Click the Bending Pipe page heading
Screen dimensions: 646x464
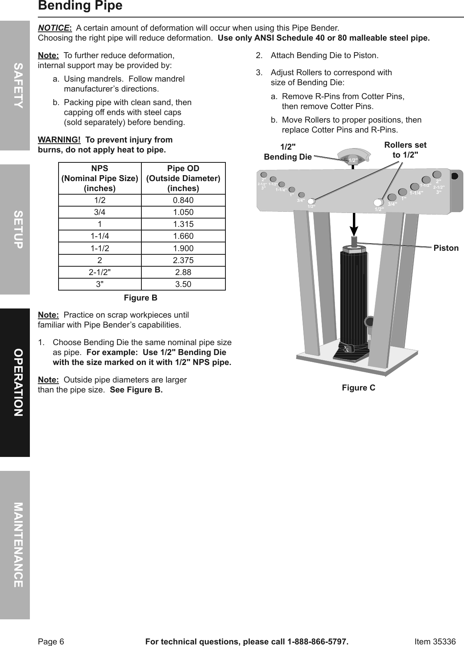80,6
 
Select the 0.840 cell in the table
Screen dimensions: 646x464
183,200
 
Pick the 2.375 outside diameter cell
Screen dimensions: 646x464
183,260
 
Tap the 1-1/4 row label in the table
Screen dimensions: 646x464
100,236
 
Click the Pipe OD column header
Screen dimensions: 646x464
183,178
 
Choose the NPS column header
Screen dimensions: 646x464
100,178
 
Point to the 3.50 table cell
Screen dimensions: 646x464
183,284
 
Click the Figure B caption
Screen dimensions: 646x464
141,298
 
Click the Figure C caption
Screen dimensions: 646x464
358,388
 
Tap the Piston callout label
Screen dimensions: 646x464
446,248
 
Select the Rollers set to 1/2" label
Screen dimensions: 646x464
405,150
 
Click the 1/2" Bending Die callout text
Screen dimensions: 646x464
288,152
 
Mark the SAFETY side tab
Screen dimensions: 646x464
15,85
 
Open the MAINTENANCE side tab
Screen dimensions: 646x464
15,545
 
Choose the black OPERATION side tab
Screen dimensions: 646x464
15,383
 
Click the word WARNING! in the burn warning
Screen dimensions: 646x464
59,140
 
